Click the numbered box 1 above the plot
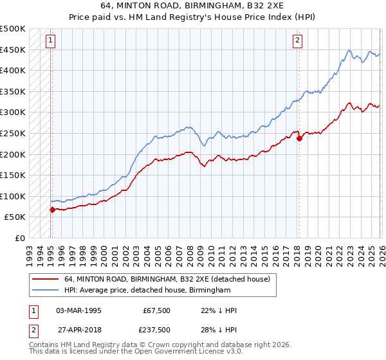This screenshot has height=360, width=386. pyautogui.click(x=51, y=40)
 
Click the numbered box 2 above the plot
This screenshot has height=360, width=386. pyautogui.click(x=298, y=40)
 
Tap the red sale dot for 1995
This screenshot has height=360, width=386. pyautogui.click(x=52, y=209)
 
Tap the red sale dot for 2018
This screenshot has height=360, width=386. pyautogui.click(x=299, y=138)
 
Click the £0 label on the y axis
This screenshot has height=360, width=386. pyautogui.click(x=19, y=238)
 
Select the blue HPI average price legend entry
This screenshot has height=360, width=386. pyautogui.click(x=147, y=291)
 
